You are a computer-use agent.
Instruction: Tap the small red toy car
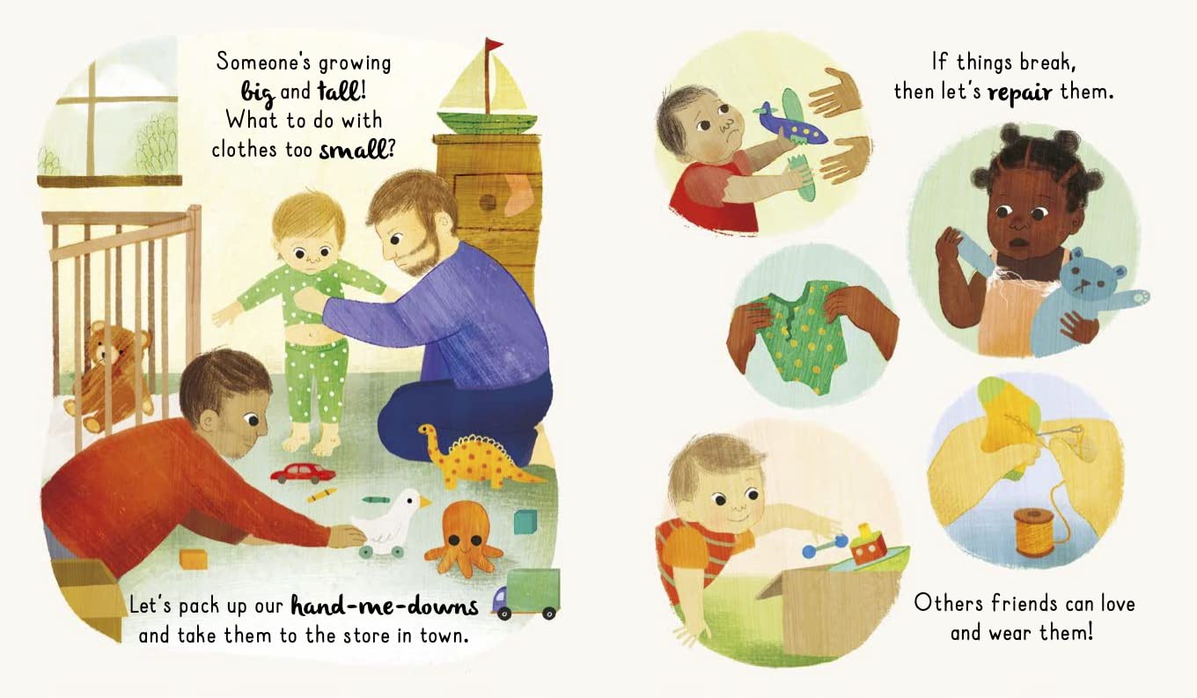[x=303, y=473]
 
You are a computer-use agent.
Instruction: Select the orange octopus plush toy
[x=464, y=538]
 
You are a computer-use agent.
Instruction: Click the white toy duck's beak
[x=425, y=502]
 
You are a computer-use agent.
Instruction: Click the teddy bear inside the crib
[x=109, y=375]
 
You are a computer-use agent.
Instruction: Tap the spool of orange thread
[x=1034, y=533]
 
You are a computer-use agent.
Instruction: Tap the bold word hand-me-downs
[x=385, y=606]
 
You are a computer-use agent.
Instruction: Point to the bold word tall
[x=339, y=91]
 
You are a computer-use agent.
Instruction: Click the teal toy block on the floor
[x=525, y=522]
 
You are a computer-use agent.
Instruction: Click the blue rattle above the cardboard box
[x=825, y=547]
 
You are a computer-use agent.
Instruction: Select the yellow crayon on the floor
[x=321, y=495]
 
